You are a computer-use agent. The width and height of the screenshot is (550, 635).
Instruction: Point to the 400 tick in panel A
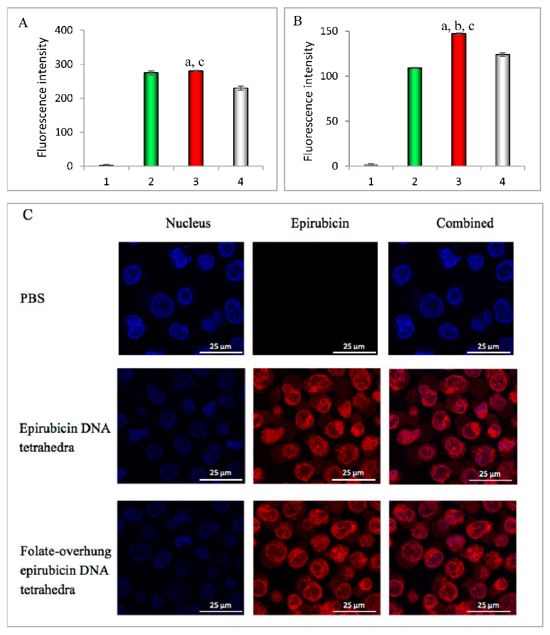64,30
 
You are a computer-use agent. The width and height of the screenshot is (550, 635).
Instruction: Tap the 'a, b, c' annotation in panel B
458,26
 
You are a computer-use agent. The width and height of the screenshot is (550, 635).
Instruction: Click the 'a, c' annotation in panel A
195,62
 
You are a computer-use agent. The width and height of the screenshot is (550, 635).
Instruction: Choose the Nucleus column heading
188,223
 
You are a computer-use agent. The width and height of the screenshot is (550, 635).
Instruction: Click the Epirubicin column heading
320,223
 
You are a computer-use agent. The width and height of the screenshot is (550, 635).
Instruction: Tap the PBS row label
32,298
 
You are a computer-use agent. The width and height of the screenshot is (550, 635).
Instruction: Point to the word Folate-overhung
66,551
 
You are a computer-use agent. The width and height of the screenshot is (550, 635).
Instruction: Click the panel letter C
28,215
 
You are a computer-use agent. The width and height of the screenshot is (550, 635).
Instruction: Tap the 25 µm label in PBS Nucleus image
220,346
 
